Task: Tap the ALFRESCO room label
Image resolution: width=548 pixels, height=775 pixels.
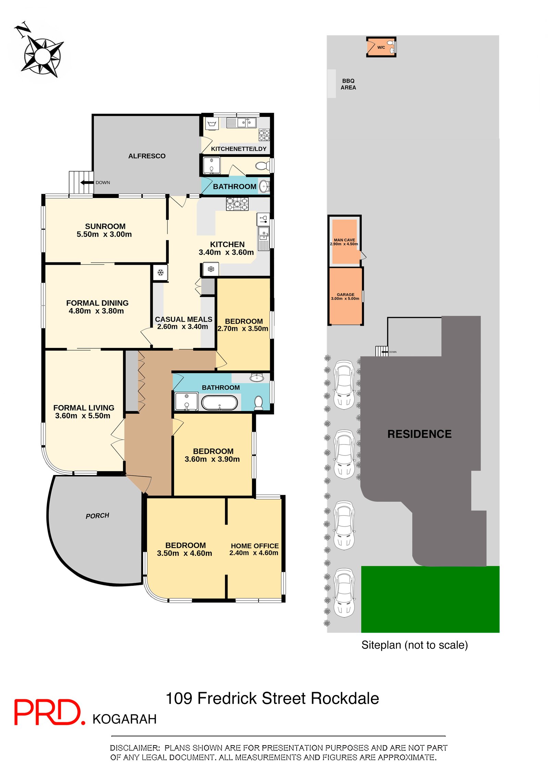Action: coord(147,156)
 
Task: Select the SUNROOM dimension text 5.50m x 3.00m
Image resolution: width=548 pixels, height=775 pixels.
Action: coord(104,235)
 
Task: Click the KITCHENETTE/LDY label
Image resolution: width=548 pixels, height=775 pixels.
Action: coord(238,149)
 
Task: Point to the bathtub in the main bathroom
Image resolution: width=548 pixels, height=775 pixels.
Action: coord(219,403)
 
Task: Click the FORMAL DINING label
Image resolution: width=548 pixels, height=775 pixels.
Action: coord(97,303)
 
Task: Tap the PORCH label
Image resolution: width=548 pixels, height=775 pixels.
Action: coord(97,516)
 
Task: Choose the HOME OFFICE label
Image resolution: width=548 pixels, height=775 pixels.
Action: coord(254,546)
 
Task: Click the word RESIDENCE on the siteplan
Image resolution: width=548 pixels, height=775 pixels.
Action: coord(419,434)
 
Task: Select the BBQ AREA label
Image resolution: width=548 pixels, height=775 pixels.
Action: coord(348,84)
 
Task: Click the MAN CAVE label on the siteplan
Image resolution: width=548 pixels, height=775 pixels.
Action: coord(344,240)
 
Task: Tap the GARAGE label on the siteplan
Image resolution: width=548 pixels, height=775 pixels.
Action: coord(345,295)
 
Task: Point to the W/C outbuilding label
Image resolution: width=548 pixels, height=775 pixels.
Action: coord(381,48)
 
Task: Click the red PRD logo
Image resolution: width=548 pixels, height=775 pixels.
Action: coord(48,712)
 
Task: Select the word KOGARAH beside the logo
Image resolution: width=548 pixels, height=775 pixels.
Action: coord(124,719)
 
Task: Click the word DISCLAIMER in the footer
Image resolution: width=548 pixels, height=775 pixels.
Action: coord(135,748)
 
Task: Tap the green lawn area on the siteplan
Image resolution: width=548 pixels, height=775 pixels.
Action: coord(430,599)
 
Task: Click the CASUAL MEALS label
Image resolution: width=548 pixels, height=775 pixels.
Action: coord(183,320)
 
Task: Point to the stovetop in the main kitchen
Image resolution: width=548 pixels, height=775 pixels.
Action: coord(237,204)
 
